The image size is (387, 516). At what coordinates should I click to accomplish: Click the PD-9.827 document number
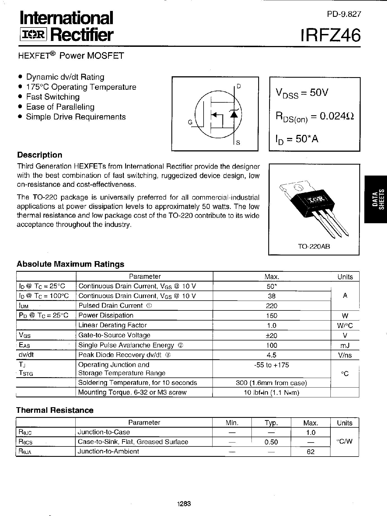click(344, 14)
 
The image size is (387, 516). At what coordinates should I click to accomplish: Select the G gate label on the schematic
click(190, 122)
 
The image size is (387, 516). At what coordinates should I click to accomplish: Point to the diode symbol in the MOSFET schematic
click(234, 113)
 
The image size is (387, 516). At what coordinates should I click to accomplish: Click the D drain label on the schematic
click(239, 86)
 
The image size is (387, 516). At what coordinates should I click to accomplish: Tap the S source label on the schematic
click(238, 143)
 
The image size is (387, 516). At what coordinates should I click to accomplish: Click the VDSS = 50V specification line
click(302, 93)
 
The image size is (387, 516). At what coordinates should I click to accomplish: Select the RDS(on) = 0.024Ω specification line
click(314, 116)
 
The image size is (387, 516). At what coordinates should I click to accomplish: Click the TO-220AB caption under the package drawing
click(314, 247)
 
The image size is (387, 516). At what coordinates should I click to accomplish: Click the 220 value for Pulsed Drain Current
click(272, 306)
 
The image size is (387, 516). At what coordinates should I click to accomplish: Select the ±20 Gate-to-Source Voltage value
click(272, 335)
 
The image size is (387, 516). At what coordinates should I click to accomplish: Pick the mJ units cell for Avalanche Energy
click(345, 345)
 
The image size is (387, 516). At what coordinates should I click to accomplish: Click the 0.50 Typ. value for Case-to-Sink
click(271, 442)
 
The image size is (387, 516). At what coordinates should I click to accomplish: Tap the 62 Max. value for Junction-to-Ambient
click(311, 452)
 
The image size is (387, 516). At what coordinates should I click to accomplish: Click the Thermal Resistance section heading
click(55, 410)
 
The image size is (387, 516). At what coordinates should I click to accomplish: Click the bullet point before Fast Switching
click(20, 97)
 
